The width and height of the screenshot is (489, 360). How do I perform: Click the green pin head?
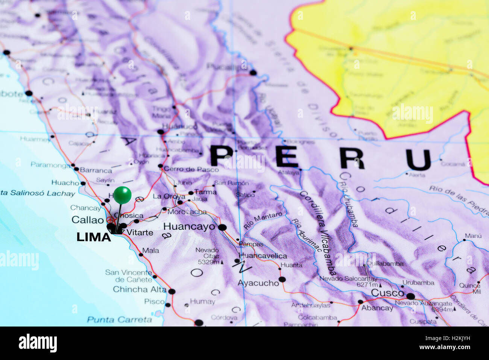[122, 195]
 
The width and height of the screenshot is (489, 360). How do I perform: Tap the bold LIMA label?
[94, 237]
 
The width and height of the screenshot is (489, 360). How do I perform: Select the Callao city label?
[88, 220]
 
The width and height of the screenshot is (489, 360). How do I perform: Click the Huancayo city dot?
[222, 227]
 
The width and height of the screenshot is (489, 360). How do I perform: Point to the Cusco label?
[387, 293]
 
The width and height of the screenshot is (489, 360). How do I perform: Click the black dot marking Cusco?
[410, 296]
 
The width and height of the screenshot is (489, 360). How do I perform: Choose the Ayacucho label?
[258, 283]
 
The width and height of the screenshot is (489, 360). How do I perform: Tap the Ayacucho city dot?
[282, 279]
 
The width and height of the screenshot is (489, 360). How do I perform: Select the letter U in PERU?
[418, 159]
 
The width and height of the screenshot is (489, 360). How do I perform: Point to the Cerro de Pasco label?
[191, 169]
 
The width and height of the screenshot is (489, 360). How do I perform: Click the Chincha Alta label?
[140, 289]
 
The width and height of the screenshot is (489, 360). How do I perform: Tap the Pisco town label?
[154, 301]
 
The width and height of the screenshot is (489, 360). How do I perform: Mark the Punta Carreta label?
[119, 320]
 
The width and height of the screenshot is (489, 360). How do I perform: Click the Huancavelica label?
[263, 256]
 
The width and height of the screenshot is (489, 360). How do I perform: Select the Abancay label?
[377, 308]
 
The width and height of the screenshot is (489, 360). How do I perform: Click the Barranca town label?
[96, 170]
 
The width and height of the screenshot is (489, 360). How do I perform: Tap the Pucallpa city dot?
[253, 73]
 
